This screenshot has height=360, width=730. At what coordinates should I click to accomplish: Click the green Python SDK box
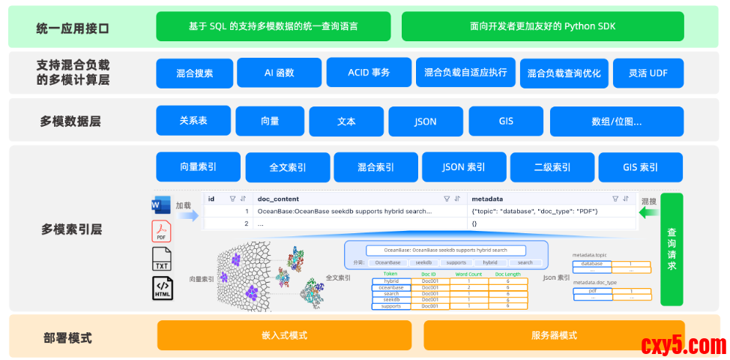543,26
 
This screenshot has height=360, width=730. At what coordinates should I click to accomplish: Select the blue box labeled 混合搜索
194,73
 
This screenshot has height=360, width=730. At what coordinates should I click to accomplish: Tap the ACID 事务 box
369,73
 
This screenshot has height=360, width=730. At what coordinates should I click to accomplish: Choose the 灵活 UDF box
648,73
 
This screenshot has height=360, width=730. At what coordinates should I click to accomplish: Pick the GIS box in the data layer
505,121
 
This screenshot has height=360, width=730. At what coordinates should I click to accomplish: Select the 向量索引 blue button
198,167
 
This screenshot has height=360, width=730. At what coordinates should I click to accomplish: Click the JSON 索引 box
462,167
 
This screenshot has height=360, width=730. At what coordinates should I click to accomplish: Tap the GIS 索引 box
640,167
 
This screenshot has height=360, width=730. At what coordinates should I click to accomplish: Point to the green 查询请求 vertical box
672,249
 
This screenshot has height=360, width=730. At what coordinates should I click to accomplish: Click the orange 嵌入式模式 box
284,335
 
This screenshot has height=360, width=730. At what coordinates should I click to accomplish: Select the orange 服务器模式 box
553,335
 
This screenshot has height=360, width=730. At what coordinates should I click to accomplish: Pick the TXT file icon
162,259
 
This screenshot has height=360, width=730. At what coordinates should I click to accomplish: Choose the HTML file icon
162,288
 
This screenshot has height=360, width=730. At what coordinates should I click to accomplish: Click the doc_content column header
278,199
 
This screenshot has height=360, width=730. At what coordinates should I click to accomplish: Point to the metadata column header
486,199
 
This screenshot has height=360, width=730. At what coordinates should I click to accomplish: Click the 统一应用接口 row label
73,28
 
